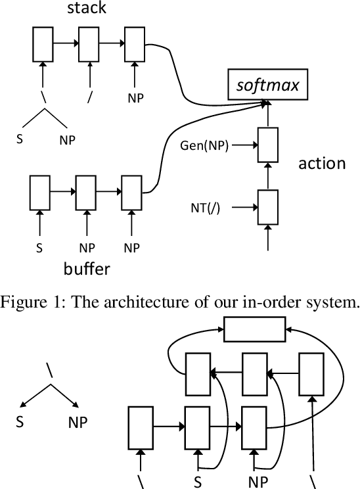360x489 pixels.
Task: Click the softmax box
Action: (x=267, y=83)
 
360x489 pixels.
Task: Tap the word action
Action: (x=322, y=163)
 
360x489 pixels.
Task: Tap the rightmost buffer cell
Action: (x=132, y=191)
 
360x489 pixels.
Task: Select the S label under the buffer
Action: (x=39, y=248)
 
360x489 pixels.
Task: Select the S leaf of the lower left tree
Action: (x=20, y=421)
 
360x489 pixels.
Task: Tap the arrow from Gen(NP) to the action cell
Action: (x=244, y=145)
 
